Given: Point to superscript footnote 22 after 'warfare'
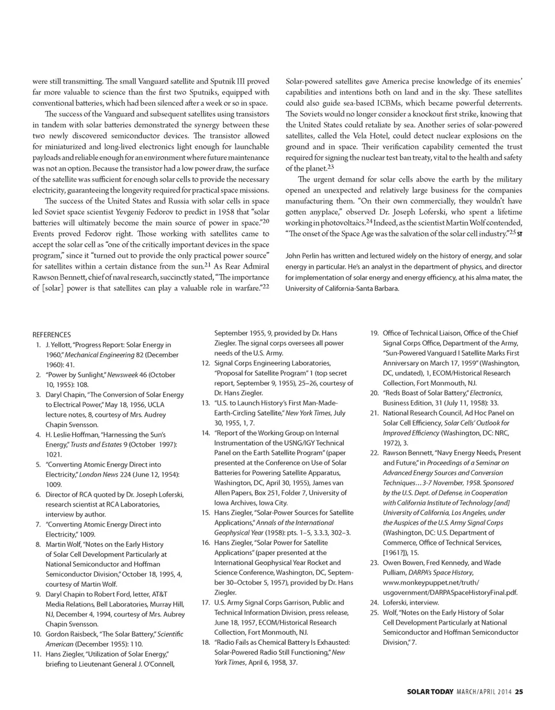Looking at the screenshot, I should tap(267, 283).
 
